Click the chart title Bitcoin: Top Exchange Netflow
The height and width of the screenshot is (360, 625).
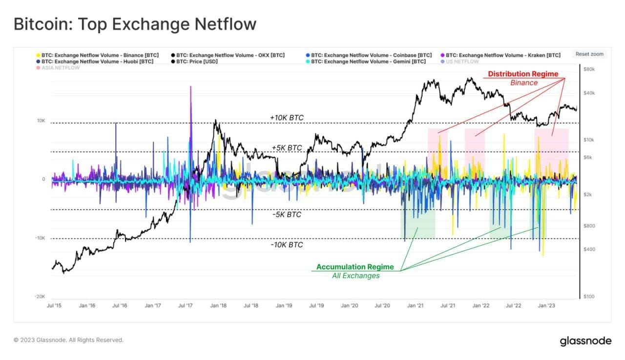click(135, 24)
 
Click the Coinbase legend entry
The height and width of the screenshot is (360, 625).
click(371, 55)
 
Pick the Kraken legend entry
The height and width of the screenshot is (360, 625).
click(503, 55)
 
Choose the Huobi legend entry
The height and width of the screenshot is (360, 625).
click(97, 62)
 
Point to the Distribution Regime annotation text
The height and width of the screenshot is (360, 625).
click(523, 74)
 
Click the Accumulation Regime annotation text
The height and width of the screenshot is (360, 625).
click(354, 267)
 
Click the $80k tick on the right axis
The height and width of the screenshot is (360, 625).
click(588, 69)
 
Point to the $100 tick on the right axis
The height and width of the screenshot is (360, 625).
click(588, 296)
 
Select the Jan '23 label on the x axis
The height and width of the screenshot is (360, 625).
click(546, 306)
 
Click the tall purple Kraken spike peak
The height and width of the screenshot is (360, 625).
click(190, 87)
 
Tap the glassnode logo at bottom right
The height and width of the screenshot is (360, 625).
click(585, 340)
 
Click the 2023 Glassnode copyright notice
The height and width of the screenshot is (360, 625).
click(68, 340)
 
